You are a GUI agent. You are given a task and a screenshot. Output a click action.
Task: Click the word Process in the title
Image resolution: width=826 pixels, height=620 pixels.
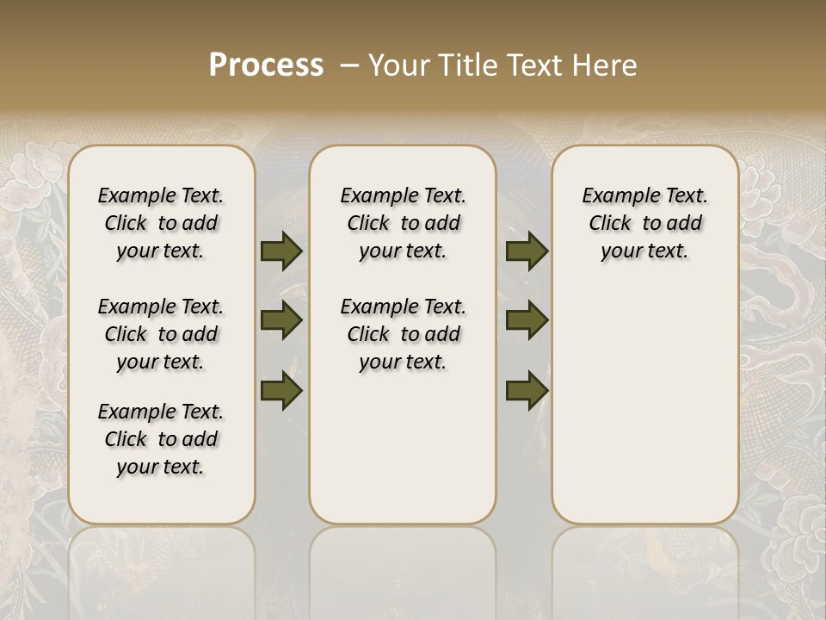(266, 65)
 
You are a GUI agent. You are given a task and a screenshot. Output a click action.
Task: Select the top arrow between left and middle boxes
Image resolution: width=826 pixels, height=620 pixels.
(281, 251)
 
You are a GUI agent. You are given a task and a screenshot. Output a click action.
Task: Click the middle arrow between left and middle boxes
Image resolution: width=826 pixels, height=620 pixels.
(281, 321)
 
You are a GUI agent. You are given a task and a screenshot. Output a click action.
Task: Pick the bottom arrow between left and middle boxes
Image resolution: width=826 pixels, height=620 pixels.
(281, 390)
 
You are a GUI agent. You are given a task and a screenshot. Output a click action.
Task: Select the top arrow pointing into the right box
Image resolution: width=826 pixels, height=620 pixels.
(527, 251)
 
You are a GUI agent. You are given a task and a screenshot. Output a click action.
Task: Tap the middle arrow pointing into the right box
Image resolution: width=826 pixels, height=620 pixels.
(527, 321)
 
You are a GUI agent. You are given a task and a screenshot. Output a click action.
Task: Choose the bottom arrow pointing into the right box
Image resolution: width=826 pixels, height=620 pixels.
(527, 390)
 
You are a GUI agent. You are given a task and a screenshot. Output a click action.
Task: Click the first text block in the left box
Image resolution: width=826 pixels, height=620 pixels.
(161, 223)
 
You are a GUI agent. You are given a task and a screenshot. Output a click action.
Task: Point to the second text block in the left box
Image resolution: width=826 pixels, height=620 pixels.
(161, 334)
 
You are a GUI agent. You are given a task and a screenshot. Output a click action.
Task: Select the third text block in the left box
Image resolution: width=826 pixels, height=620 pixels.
(161, 439)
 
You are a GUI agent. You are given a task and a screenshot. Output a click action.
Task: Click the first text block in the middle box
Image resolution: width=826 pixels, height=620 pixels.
(403, 223)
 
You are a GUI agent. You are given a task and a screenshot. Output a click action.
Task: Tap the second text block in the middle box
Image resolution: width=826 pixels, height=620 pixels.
(403, 334)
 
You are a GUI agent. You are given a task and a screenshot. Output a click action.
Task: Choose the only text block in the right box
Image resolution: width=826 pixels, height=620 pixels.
(644, 223)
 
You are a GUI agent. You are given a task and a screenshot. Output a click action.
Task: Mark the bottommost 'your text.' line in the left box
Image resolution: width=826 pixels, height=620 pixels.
(161, 467)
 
